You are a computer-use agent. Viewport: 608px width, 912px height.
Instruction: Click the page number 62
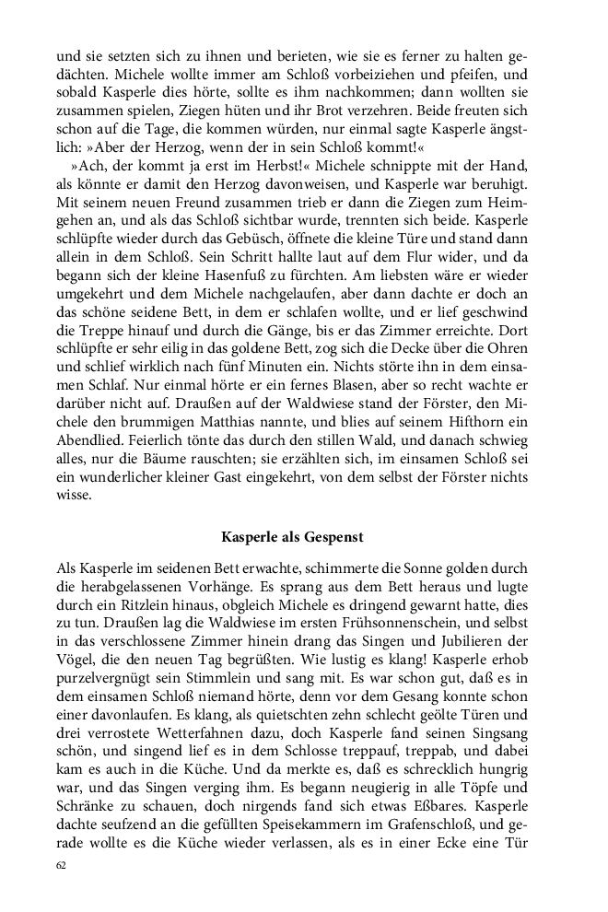[61, 866]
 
